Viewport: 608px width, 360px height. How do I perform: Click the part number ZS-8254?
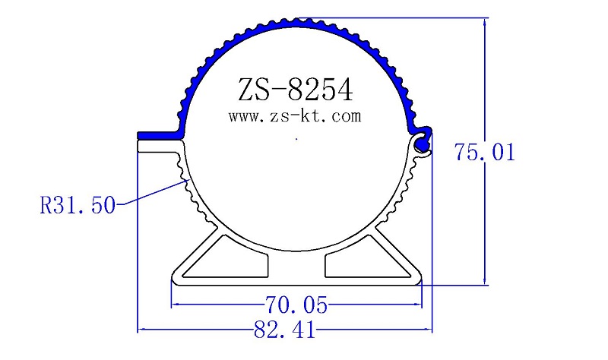click(295, 90)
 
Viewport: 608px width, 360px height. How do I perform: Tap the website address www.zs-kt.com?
click(294, 117)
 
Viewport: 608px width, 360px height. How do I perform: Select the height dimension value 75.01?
click(485, 152)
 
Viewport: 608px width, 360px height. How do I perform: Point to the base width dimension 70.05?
click(296, 305)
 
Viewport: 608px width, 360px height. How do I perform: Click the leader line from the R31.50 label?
click(152, 193)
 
